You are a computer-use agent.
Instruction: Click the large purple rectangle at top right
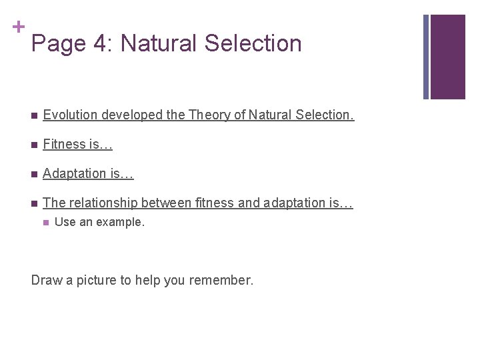point(447,57)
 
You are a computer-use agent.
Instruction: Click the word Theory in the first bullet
point(208,115)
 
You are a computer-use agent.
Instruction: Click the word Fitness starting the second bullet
point(63,144)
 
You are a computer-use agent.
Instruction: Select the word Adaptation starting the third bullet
point(74,174)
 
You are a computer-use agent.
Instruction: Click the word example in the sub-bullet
point(122,223)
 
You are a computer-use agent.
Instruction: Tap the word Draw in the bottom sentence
point(46,280)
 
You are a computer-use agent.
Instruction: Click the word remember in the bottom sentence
point(221,280)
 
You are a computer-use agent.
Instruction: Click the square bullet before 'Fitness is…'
point(33,145)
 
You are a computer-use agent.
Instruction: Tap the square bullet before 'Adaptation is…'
point(33,174)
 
